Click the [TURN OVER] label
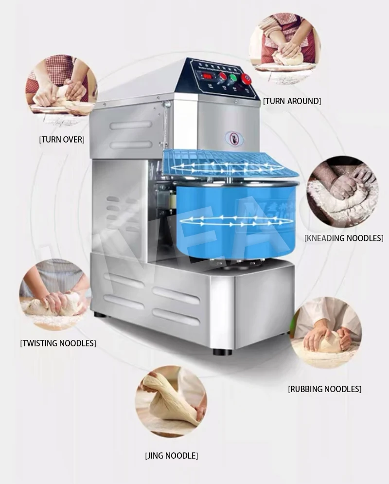pos(62,140)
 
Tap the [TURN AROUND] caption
pos(292,101)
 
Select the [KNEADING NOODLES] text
pos(344,238)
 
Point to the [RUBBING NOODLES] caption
pos(325,389)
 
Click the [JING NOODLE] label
pos(172,456)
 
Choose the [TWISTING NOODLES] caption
pos(58,343)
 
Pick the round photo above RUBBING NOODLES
pos(326,333)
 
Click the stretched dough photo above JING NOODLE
pos(171,405)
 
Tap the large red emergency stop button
pos(247,78)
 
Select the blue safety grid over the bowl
pos(229,163)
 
